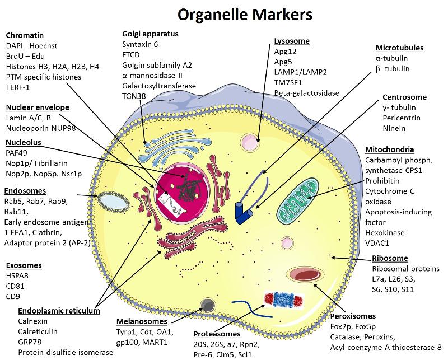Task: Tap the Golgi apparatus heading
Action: (x=150, y=34)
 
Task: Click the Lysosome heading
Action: (x=292, y=41)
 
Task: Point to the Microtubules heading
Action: (x=400, y=48)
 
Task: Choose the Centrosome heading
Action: (x=404, y=97)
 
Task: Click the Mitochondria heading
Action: (x=389, y=149)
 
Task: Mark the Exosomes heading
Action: (x=24, y=265)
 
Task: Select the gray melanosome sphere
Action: (x=208, y=305)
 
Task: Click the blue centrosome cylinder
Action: (x=242, y=213)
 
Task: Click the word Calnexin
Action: (x=33, y=321)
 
